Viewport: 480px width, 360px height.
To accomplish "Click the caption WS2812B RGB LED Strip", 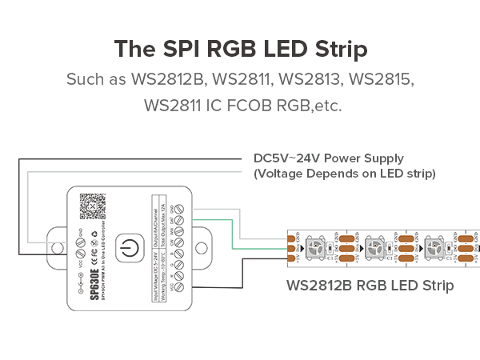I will click(x=370, y=286).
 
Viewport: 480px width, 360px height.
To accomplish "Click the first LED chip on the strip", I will click(x=318, y=246).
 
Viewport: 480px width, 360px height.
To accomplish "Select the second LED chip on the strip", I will click(x=375, y=246).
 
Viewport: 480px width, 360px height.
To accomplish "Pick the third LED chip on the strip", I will click(x=434, y=246).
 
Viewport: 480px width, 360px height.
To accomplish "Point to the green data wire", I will click(x=232, y=236).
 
